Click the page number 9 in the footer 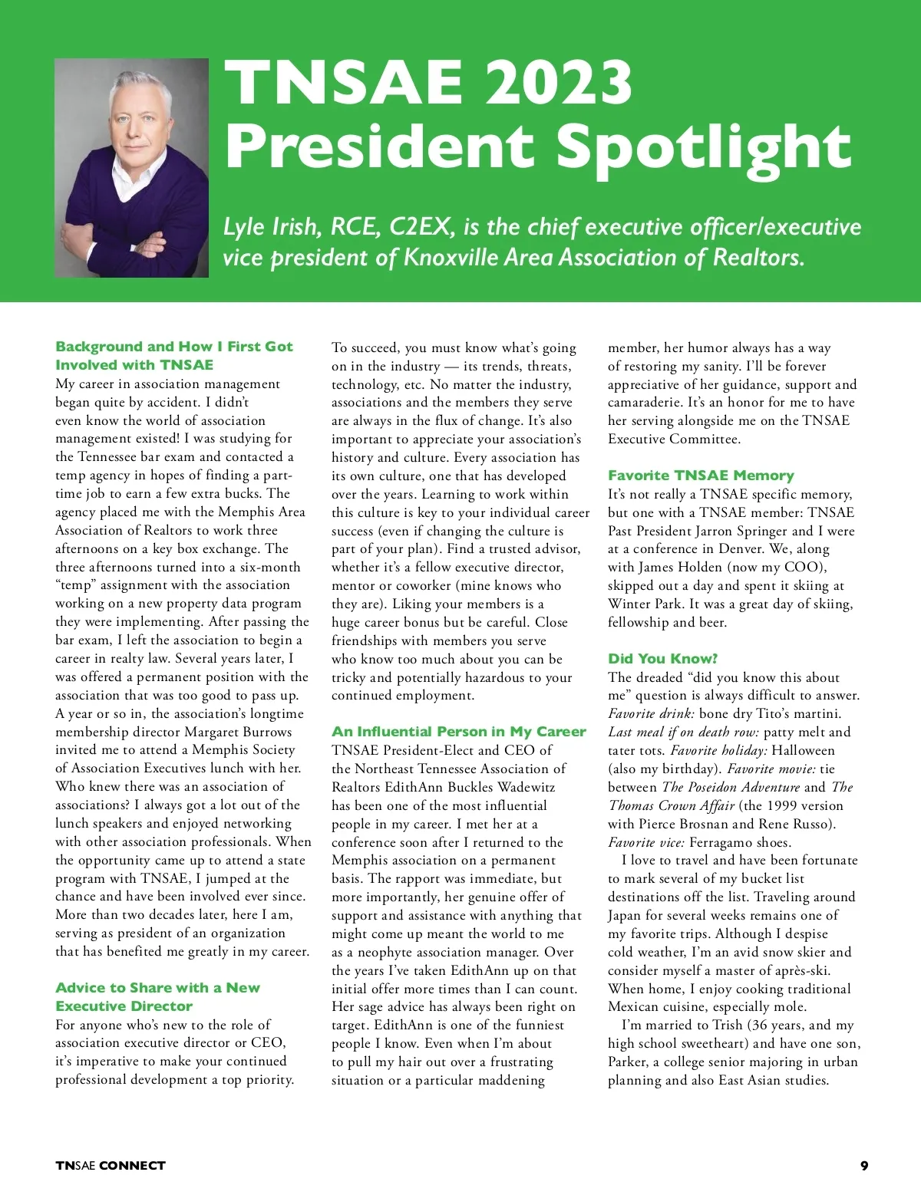tap(864, 1166)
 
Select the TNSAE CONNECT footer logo tap(111, 1166)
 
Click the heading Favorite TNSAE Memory tap(701, 476)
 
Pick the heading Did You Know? tap(662, 659)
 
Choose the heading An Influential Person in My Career tap(458, 732)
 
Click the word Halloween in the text tap(803, 750)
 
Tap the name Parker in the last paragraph tap(628, 1062)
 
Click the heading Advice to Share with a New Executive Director tap(157, 996)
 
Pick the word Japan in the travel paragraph tap(625, 915)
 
